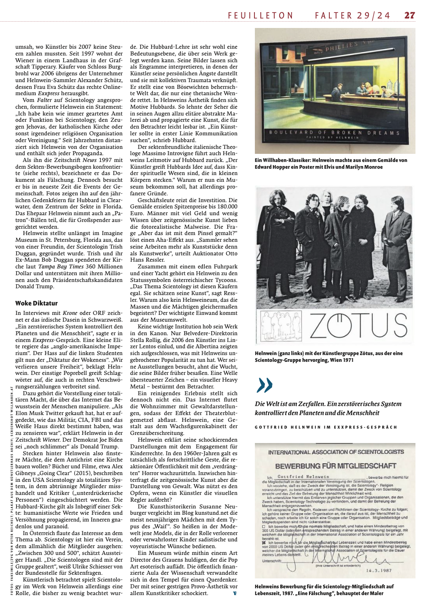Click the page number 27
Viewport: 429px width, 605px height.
point(409,15)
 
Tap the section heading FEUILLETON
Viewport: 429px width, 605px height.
point(261,15)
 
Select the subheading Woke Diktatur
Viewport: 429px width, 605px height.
point(37,303)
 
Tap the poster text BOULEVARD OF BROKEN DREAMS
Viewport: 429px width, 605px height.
point(334,133)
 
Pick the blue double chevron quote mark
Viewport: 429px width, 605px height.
point(264,385)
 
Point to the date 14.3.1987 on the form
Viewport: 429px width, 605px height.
point(378,570)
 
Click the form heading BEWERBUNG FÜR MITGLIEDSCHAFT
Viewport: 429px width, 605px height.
point(336,466)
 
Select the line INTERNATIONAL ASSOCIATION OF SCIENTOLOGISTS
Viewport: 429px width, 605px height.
point(336,452)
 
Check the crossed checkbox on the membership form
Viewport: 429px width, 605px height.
point(264,542)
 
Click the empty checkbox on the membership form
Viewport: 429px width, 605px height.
point(264,526)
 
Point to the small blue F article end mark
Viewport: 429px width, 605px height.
point(235,593)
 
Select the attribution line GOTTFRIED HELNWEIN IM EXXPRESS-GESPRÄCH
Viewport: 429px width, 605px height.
point(326,427)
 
